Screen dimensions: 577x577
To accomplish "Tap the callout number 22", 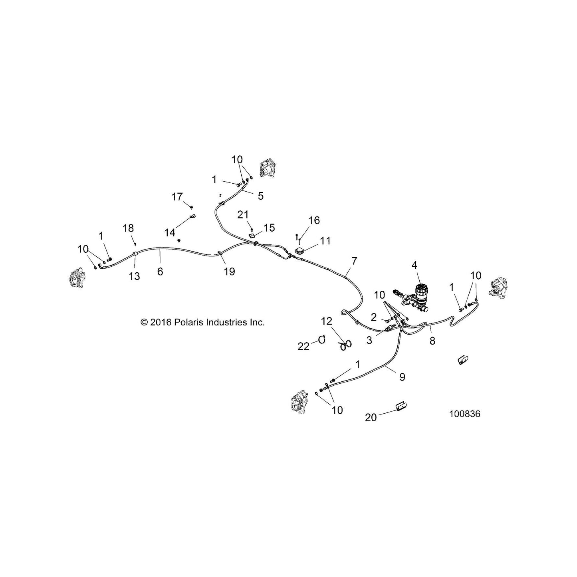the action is tap(303, 347).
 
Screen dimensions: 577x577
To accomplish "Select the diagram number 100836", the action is tap(465, 414).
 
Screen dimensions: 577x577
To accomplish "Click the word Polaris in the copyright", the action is tap(188, 322).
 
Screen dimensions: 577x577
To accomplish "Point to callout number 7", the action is tap(354, 261).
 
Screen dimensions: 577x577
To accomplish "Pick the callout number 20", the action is tap(371, 417).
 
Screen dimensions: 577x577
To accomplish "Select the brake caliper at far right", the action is tap(498, 288).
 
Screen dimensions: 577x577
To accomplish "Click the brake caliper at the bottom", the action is tap(299, 401).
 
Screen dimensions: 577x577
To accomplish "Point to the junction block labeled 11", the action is tap(300, 250).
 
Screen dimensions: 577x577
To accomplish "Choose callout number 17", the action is tap(177, 197).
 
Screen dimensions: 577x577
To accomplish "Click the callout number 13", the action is tap(135, 276).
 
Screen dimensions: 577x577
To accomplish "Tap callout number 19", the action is tap(229, 272).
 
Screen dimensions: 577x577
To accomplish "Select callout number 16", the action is tap(314, 220).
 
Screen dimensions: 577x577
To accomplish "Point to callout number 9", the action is tap(402, 377).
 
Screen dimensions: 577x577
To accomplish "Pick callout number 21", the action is tap(243, 214).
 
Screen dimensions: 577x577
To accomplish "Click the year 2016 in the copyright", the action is tap(160, 322).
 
